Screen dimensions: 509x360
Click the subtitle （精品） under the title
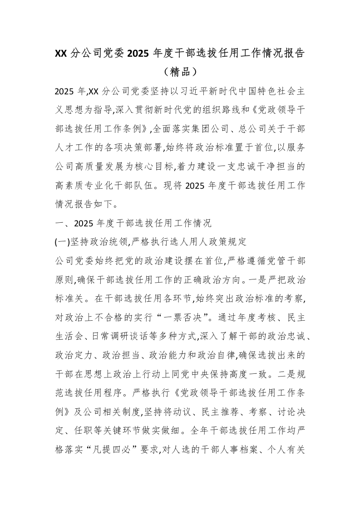tap(180, 72)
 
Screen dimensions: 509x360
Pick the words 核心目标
tap(159, 166)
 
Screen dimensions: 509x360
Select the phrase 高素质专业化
tap(87, 185)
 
